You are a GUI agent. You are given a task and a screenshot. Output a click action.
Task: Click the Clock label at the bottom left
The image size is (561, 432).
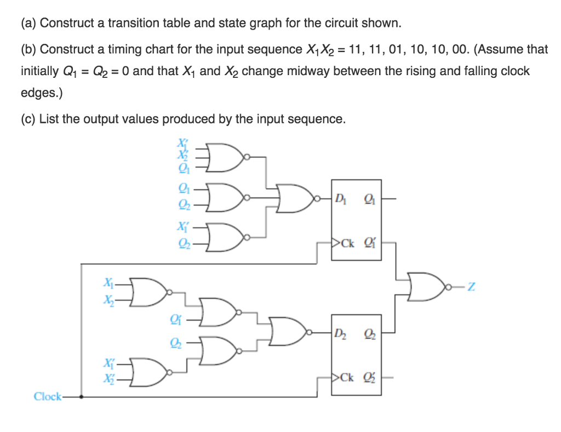[x=48, y=396]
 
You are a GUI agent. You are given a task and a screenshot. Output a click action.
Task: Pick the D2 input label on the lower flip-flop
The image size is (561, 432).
[x=340, y=333]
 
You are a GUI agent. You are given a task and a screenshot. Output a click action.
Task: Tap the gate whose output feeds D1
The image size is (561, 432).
[x=296, y=197]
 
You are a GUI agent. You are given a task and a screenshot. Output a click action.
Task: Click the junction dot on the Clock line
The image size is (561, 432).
[x=82, y=396]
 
